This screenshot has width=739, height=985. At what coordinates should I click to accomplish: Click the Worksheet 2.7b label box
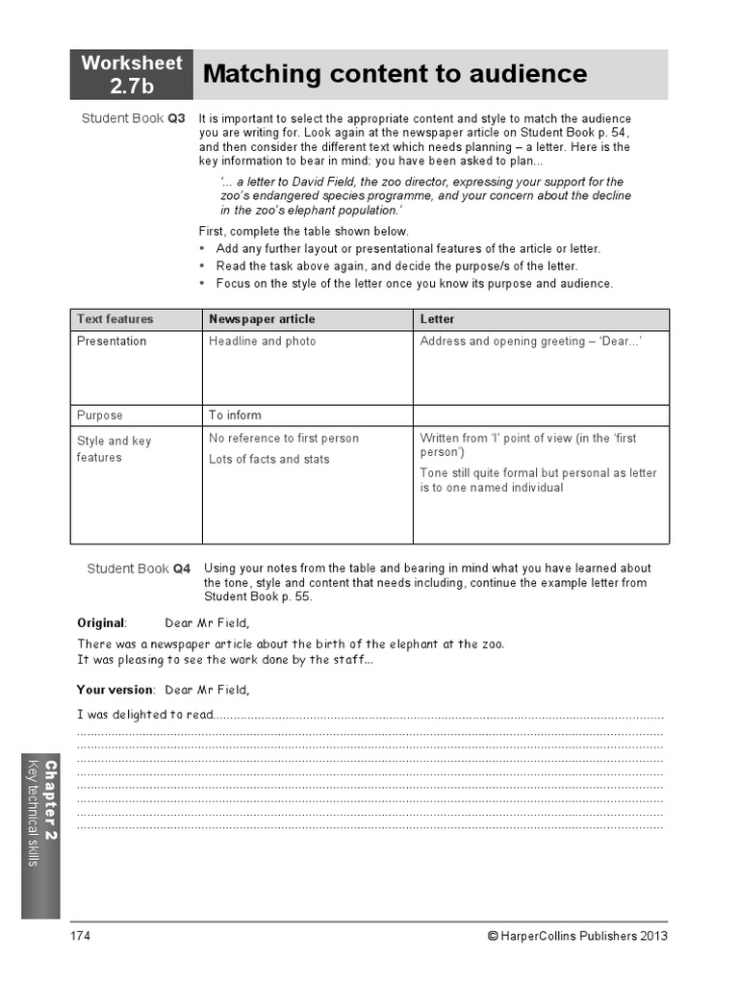point(132,75)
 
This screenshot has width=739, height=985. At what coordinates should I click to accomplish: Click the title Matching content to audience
point(395,74)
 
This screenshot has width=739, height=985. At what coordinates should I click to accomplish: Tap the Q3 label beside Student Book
point(176,118)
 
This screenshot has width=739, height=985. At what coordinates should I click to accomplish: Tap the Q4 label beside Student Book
point(182,568)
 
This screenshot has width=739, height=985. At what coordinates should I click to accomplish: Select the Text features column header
point(115,319)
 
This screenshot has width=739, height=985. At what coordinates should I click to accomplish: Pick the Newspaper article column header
point(262,319)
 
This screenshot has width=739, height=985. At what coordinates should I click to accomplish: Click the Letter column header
point(438,319)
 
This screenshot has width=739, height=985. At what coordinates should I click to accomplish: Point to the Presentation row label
point(112,341)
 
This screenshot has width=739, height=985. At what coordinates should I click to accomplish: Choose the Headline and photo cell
point(262,341)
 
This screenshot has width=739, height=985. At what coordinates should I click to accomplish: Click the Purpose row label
point(100,416)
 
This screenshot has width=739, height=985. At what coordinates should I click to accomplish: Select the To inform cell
point(235,416)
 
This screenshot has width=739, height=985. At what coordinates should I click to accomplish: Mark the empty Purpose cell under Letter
point(541,416)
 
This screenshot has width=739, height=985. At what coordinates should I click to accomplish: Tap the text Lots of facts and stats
point(268,460)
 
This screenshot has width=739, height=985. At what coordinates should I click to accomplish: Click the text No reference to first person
point(284,439)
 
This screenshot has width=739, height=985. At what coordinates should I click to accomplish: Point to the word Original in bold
point(101,622)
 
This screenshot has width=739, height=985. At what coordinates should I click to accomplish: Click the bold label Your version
point(115,690)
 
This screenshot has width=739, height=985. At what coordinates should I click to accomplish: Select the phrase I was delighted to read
point(143,715)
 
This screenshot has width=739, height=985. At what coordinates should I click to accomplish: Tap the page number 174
point(80,936)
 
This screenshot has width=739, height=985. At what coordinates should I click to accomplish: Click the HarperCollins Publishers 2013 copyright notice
point(577,936)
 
